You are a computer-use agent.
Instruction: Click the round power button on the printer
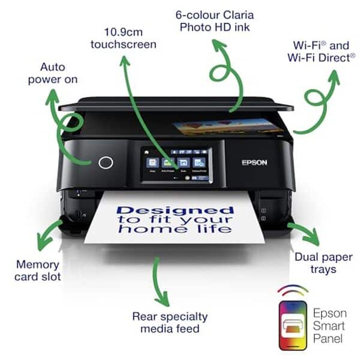point(106,163)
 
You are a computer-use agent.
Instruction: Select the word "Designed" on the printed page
point(175,210)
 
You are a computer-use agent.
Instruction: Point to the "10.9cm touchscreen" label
point(123,38)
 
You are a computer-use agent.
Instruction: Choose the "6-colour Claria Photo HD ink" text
point(215,22)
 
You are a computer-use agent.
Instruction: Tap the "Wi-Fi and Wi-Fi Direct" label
point(320,52)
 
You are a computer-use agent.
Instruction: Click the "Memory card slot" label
point(37,271)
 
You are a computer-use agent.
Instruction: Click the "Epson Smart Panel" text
point(329,325)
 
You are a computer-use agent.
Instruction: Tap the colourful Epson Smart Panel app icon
point(292,325)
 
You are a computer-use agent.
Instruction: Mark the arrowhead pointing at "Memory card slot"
point(43,244)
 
